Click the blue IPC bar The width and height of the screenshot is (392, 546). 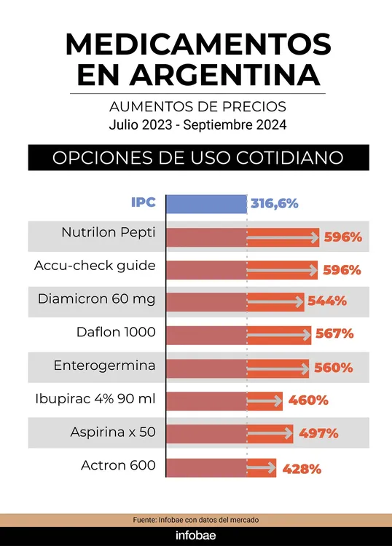pyautogui.click(x=207, y=204)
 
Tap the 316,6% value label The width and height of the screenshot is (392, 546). pyautogui.click(x=275, y=204)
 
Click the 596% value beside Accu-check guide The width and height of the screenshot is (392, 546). pyautogui.click(x=342, y=270)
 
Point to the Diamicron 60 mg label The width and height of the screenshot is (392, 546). pyautogui.click(x=97, y=299)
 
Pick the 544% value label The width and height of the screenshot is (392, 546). pyautogui.click(x=327, y=301)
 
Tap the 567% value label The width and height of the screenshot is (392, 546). pyautogui.click(x=334, y=334)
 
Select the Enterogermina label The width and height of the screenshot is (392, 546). pyautogui.click(x=104, y=365)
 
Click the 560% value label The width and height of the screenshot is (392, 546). pyautogui.click(x=333, y=368)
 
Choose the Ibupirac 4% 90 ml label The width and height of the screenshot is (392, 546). pyautogui.click(x=95, y=399)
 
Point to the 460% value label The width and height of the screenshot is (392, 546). pyautogui.click(x=308, y=400)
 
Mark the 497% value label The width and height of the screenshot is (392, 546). pyautogui.click(x=318, y=434)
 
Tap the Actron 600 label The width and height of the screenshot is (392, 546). pyautogui.click(x=118, y=464)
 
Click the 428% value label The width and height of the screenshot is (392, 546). pyautogui.click(x=301, y=469)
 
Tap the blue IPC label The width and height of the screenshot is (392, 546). pyautogui.click(x=144, y=203)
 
